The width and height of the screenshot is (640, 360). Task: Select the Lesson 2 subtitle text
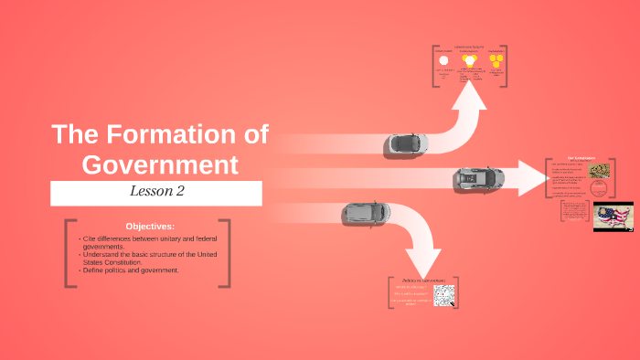pyautogui.click(x=156, y=193)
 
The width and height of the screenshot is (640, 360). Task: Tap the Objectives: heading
pyautogui.click(x=149, y=226)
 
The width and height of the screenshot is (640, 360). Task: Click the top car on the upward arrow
pyautogui.click(x=405, y=143)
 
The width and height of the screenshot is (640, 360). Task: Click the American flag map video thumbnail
pyautogui.click(x=613, y=217)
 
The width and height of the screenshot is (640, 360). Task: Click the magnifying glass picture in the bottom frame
pyautogui.click(x=443, y=295)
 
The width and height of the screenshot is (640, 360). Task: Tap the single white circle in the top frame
pyautogui.click(x=443, y=59)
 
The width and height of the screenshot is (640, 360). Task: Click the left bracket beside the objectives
pyautogui.click(x=69, y=253)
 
